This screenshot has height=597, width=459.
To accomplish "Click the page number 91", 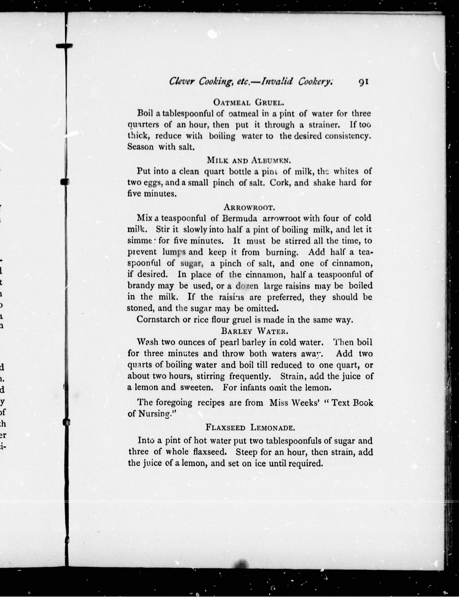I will click(x=363, y=82).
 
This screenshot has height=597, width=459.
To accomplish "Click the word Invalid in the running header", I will click(x=277, y=82).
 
